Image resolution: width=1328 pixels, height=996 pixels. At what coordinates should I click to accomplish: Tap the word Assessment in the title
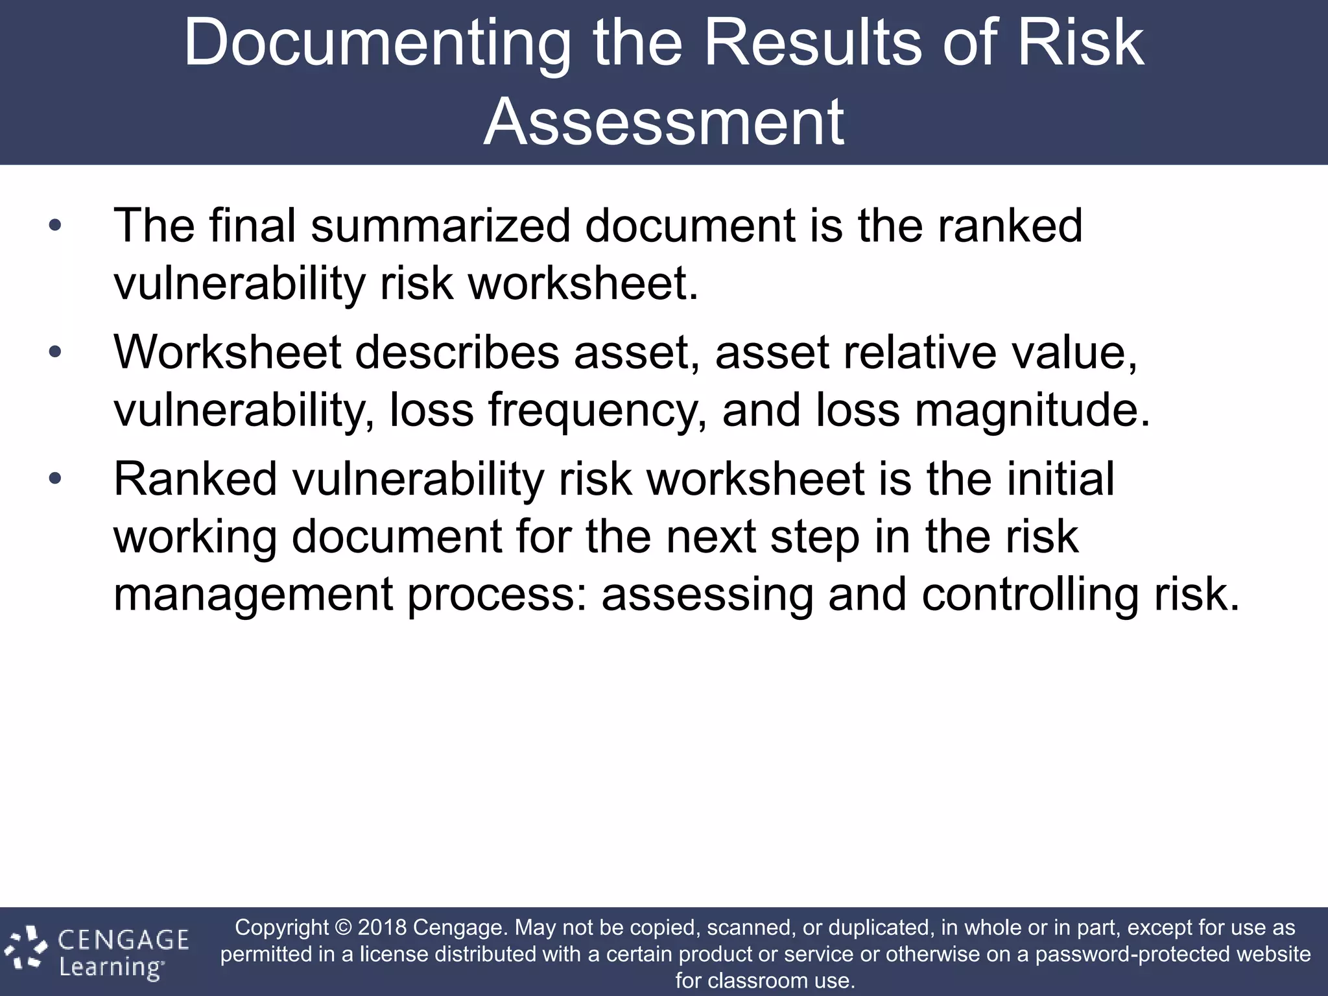pos(663,122)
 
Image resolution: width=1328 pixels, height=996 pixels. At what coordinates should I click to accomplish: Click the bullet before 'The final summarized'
pos(55,226)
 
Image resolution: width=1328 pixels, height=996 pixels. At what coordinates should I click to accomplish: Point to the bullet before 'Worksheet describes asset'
pos(55,352)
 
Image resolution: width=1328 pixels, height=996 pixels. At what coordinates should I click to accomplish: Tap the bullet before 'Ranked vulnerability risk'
pos(55,479)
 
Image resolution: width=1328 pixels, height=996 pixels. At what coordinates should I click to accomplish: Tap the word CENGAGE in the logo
pos(123,940)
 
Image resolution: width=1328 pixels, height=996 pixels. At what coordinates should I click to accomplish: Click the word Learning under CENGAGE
pos(111,967)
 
